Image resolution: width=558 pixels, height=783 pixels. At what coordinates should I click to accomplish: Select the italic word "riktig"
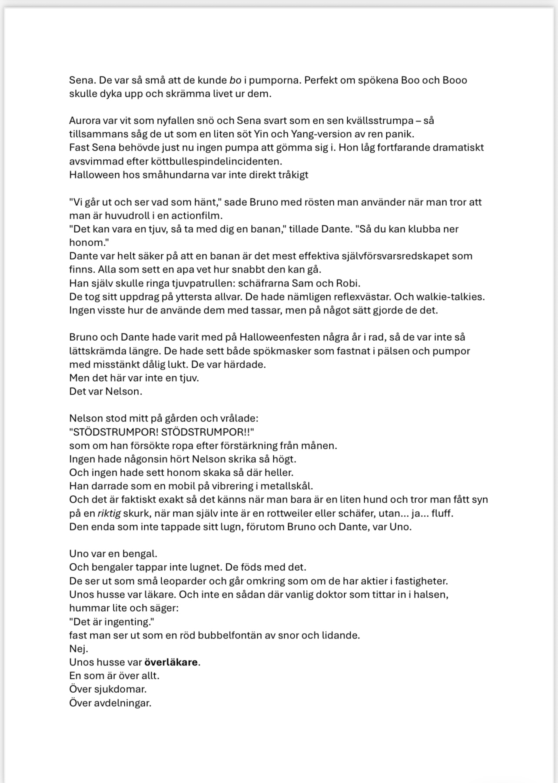pyautogui.click(x=109, y=513)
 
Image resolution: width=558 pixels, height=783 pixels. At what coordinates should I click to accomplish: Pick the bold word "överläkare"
pyautogui.click(x=171, y=662)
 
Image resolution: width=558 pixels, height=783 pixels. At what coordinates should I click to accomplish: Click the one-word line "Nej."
pyautogui.click(x=79, y=649)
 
